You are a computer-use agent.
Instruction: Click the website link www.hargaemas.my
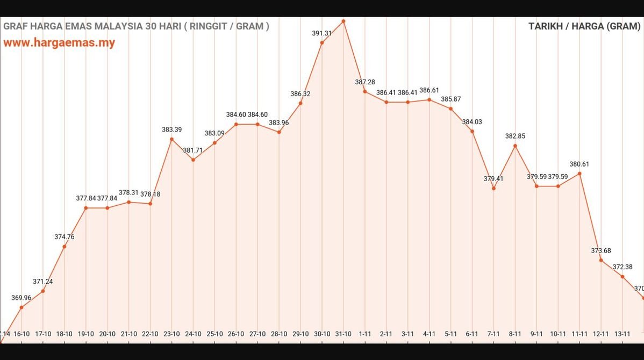[x=59, y=43]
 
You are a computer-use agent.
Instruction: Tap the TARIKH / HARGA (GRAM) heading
[x=584, y=26]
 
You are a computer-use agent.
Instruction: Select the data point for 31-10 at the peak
[x=344, y=21]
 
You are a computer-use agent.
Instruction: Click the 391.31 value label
[x=322, y=33]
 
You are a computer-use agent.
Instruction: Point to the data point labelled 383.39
[x=171, y=139]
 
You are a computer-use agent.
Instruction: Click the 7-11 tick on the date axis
[x=493, y=334]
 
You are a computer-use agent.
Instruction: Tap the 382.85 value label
[x=515, y=136]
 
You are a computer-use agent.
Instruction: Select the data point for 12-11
[x=601, y=260]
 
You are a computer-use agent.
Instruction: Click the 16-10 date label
[x=22, y=334]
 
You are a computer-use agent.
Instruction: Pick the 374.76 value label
[x=65, y=237]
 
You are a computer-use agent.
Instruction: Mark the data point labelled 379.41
[x=493, y=188]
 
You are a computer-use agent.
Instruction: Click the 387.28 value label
[x=365, y=82]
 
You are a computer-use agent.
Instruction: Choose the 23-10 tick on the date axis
[x=171, y=334]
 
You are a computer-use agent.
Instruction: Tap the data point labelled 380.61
[x=579, y=174]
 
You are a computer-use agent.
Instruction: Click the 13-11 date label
[x=622, y=334]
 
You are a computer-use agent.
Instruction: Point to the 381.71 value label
[x=193, y=150]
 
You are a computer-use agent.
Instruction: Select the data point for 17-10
[x=43, y=291]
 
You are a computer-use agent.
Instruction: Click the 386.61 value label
[x=430, y=90]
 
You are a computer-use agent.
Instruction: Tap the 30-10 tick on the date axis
[x=322, y=334]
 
